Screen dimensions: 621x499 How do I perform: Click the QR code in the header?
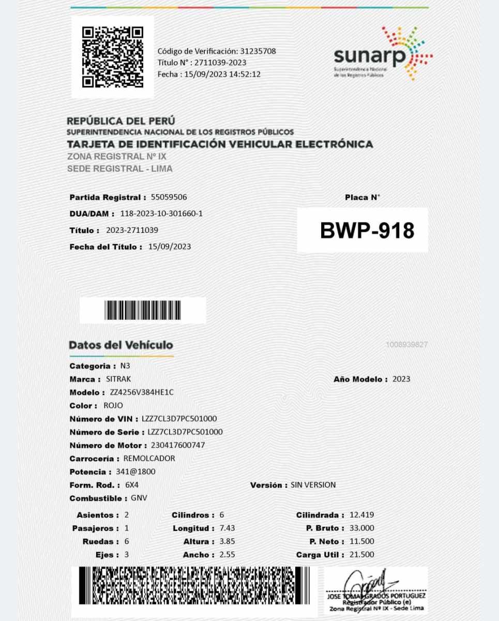pos(112,57)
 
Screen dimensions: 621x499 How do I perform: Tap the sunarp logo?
pos(383,54)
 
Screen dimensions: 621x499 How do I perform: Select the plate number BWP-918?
pos(367,230)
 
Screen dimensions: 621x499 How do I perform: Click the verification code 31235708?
pos(258,51)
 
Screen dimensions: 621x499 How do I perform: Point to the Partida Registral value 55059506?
pos(169,197)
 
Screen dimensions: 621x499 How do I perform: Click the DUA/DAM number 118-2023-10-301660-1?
pos(161,214)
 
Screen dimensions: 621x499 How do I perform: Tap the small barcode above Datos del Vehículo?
pos(143,310)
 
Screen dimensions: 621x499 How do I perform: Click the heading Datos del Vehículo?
pos(121,345)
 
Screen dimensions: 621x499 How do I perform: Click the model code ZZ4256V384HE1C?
pos(142,392)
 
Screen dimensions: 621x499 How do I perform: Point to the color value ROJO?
pos(113,406)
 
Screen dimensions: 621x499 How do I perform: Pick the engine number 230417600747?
pos(178,445)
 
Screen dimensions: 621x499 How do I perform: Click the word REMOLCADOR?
pos(149,459)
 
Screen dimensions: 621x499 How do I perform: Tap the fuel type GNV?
pos(140,498)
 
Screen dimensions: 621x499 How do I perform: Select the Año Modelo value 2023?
pos(401,379)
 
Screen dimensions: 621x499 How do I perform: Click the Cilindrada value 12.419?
pos(361,515)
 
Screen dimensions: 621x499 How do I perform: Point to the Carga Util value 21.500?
pos(361,554)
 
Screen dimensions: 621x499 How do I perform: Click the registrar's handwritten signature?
pos(369,582)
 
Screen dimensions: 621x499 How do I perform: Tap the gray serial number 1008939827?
pos(406,345)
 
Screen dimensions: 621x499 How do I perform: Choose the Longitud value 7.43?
pos(227,528)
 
